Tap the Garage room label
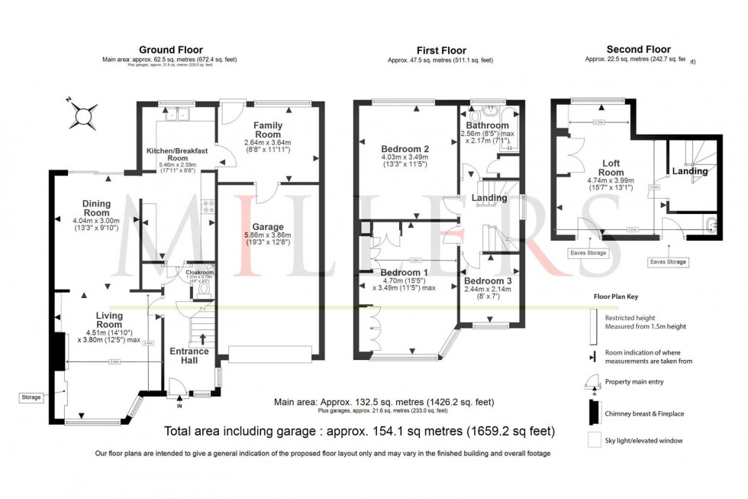point(268,227)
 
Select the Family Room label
point(268,129)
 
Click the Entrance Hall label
point(189,356)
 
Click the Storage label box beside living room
point(31,397)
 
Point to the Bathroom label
point(488,125)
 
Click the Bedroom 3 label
point(487,280)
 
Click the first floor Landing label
point(489,198)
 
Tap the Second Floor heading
point(633,49)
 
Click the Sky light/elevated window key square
point(593,441)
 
